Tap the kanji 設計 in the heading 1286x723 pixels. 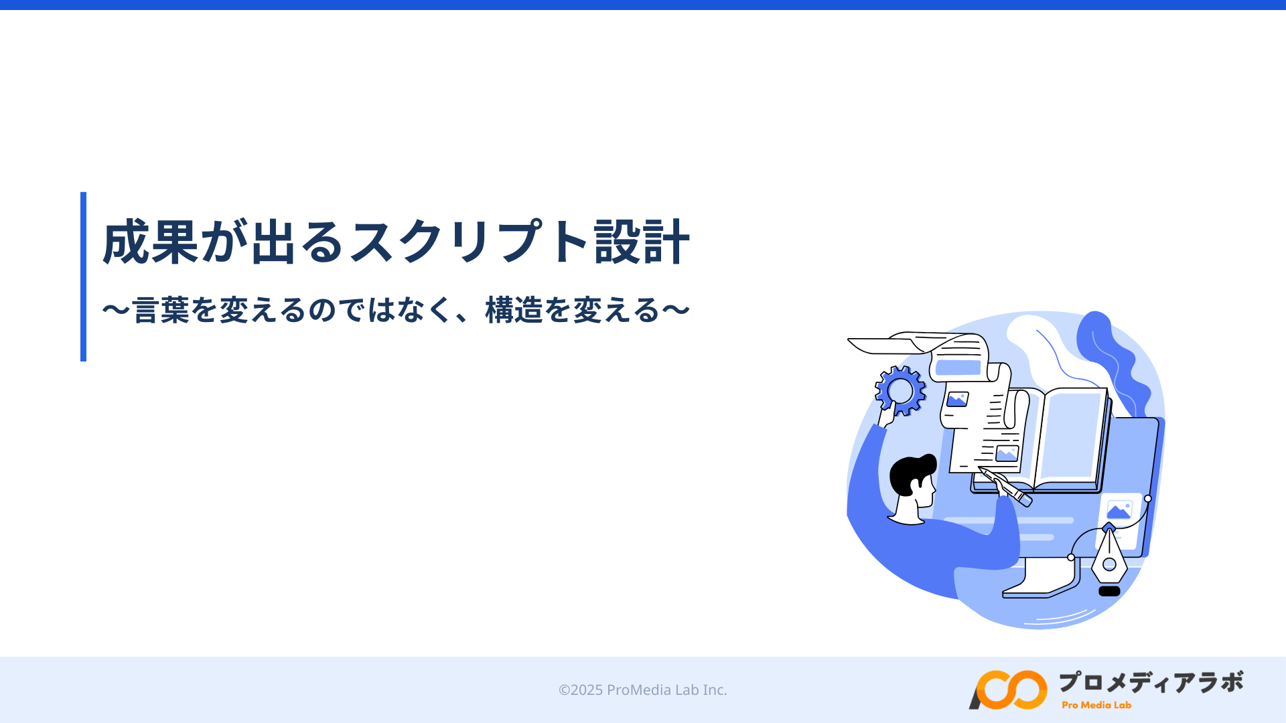642,242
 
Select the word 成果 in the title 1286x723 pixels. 151,242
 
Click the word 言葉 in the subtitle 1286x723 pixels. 161,310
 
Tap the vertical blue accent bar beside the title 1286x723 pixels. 83,276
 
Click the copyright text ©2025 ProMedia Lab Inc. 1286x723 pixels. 642,690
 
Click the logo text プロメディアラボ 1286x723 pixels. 1151,682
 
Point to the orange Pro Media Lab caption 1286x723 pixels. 1096,705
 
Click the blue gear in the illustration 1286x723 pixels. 900,391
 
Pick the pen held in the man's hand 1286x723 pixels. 1005,487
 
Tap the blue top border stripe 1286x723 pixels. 643,5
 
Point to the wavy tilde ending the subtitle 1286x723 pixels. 676,310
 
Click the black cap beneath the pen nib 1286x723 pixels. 1109,591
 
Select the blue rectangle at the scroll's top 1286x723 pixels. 958,368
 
